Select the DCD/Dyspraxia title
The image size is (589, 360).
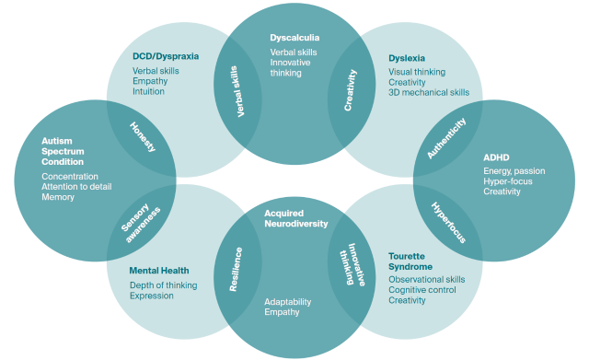[x=165, y=57]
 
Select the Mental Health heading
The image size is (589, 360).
[x=159, y=271]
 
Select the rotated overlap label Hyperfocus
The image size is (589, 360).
[x=448, y=223]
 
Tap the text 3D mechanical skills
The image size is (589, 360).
[x=429, y=93]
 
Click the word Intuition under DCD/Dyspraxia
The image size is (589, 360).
[x=150, y=91]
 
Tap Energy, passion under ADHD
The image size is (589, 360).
[x=513, y=170]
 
